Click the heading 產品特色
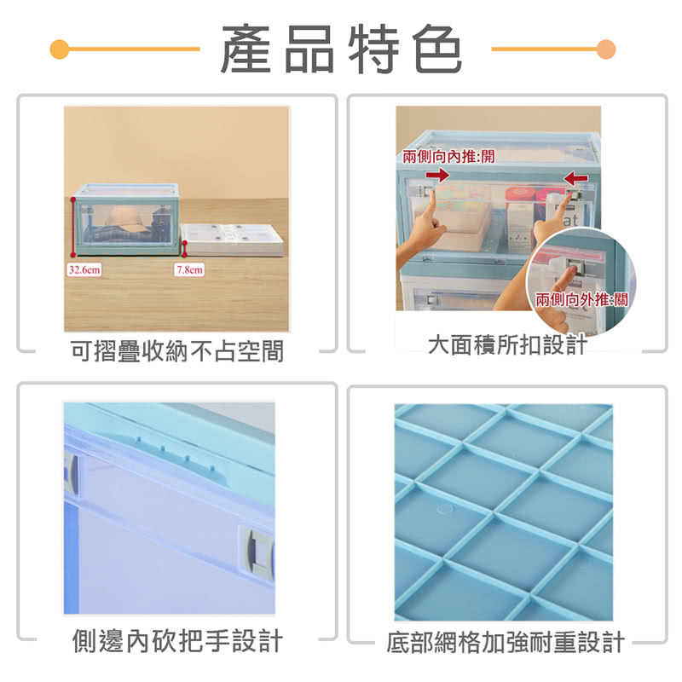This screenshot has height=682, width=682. pyautogui.click(x=341, y=49)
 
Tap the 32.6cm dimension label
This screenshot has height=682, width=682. pyautogui.click(x=84, y=269)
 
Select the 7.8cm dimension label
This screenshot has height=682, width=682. pyautogui.click(x=189, y=269)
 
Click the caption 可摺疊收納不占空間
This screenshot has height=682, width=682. pyautogui.click(x=177, y=350)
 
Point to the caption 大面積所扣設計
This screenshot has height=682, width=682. pyautogui.click(x=507, y=345)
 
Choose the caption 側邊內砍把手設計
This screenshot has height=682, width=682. pyautogui.click(x=177, y=641)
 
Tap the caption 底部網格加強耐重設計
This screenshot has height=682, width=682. pyautogui.click(x=506, y=642)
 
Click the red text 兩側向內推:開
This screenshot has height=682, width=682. pyautogui.click(x=448, y=156)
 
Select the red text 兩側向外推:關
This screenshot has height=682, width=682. pyautogui.click(x=581, y=299)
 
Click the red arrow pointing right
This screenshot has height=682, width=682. pyautogui.click(x=437, y=175)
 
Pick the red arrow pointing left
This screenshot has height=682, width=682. pyautogui.click(x=576, y=177)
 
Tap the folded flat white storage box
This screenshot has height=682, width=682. pyautogui.click(x=232, y=240)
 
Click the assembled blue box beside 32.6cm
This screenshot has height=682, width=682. pyautogui.click(x=126, y=219)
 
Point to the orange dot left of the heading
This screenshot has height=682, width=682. pyautogui.click(x=60, y=49)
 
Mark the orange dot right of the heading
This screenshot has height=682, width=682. pyautogui.click(x=606, y=49)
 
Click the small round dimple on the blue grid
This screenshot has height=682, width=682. pyautogui.click(x=444, y=508)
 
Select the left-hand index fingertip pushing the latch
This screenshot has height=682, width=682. pyautogui.click(x=431, y=193)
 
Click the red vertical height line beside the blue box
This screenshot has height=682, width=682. pyautogui.click(x=73, y=227)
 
